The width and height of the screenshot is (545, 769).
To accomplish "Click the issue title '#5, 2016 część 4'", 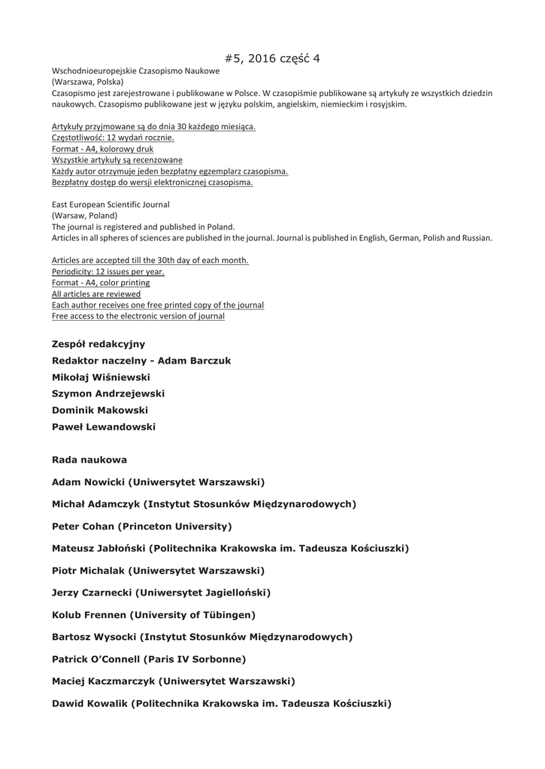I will click(272, 58).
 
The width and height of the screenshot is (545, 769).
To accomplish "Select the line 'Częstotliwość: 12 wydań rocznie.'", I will click(113, 137).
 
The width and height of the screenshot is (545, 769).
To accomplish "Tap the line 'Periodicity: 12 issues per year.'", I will click(107, 271).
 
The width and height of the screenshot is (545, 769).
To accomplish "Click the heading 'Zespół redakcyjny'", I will click(98, 344).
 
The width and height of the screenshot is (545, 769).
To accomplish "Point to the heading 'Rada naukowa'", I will click(89, 460).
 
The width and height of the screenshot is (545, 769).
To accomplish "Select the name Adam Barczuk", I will click(194, 360).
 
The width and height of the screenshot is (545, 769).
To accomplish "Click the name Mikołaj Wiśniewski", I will click(101, 377).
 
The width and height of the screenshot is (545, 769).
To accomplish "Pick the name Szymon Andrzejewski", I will click(108, 394).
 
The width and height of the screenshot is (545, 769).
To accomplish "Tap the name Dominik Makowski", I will click(100, 410).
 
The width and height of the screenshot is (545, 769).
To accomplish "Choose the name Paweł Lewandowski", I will click(104, 427).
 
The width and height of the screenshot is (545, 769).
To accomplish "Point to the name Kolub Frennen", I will click(88, 615).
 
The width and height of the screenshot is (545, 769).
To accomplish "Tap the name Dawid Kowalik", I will click(89, 704).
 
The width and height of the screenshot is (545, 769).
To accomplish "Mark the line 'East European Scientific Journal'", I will click(111, 204).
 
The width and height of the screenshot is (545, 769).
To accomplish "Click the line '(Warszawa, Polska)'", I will click(88, 82).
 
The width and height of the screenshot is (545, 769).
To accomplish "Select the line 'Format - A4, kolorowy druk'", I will click(102, 149).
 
